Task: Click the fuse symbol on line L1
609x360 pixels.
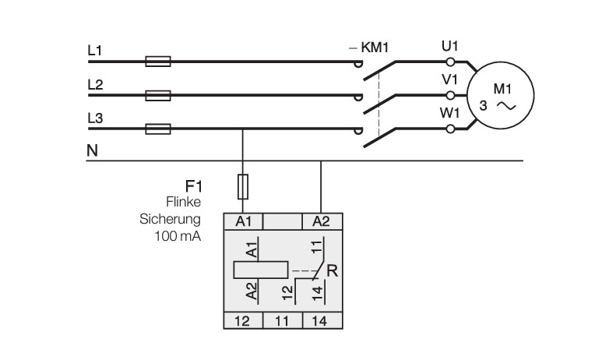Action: point(158,62)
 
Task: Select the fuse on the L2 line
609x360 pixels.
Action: point(158,95)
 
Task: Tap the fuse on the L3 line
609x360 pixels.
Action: point(158,129)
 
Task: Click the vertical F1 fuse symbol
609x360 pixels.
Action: point(243,186)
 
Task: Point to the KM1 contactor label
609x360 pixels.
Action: point(375,48)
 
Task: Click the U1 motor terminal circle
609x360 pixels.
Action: point(450,62)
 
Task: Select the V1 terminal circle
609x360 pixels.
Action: point(450,95)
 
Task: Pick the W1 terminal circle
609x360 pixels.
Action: point(450,129)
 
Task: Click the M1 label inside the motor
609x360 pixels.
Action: point(502,89)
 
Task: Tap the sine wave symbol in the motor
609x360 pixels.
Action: point(506,106)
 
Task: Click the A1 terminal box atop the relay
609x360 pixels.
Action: point(244,221)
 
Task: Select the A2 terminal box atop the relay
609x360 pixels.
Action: point(322,221)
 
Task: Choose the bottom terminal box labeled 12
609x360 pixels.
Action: point(243,321)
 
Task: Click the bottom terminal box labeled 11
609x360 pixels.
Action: point(283,321)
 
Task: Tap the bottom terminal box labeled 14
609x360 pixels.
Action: point(322,321)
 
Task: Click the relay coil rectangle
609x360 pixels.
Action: point(261,270)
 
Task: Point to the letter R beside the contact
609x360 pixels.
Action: point(332,270)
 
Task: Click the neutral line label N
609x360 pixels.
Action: point(93,150)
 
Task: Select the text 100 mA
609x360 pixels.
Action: point(178,236)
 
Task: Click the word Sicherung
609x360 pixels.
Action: point(170,219)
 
